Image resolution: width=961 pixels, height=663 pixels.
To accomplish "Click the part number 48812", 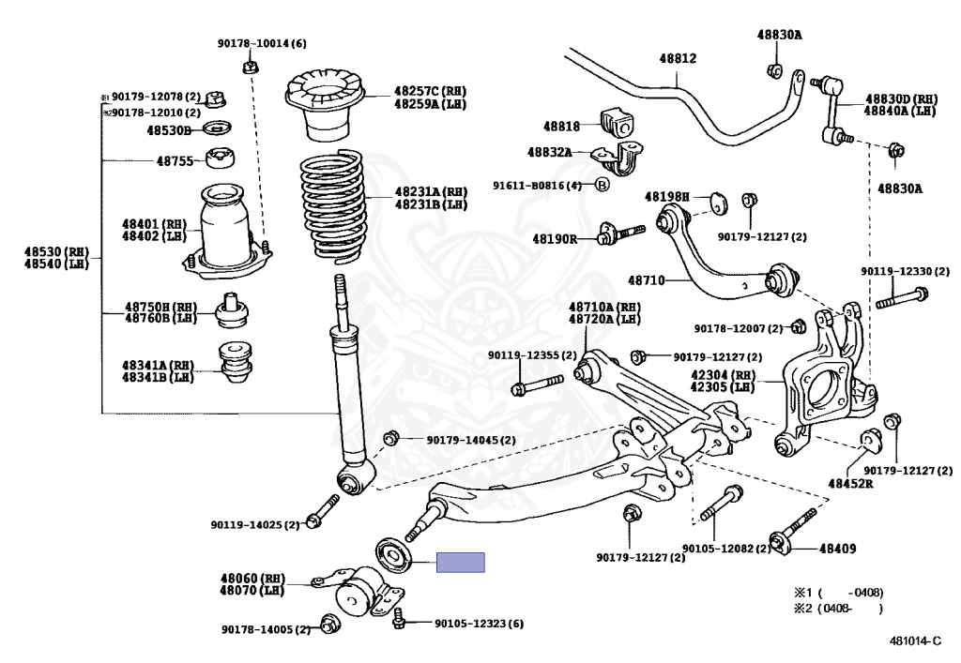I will (x=677, y=58).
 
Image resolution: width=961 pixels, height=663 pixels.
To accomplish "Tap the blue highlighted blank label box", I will (x=461, y=563).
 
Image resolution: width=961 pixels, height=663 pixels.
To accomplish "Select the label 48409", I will (x=838, y=549).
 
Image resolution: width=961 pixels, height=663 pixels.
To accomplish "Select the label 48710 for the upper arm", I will (x=646, y=280).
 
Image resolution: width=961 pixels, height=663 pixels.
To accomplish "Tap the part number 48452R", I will (x=850, y=484).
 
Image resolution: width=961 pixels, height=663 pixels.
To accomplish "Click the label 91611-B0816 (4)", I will (x=538, y=186).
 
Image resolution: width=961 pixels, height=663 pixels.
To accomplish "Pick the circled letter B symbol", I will (x=603, y=185).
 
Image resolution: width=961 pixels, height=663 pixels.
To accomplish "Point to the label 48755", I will (x=175, y=160).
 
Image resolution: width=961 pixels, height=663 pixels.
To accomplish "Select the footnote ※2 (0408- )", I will (x=838, y=609).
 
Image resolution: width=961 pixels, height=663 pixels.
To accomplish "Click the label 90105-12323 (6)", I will (x=479, y=624).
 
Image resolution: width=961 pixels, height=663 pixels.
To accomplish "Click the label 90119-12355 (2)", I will (x=524, y=355).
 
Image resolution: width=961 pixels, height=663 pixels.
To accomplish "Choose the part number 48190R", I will (x=555, y=239).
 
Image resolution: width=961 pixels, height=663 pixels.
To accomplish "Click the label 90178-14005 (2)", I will (x=266, y=629).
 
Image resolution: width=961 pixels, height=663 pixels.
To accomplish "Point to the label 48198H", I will (x=666, y=197).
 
